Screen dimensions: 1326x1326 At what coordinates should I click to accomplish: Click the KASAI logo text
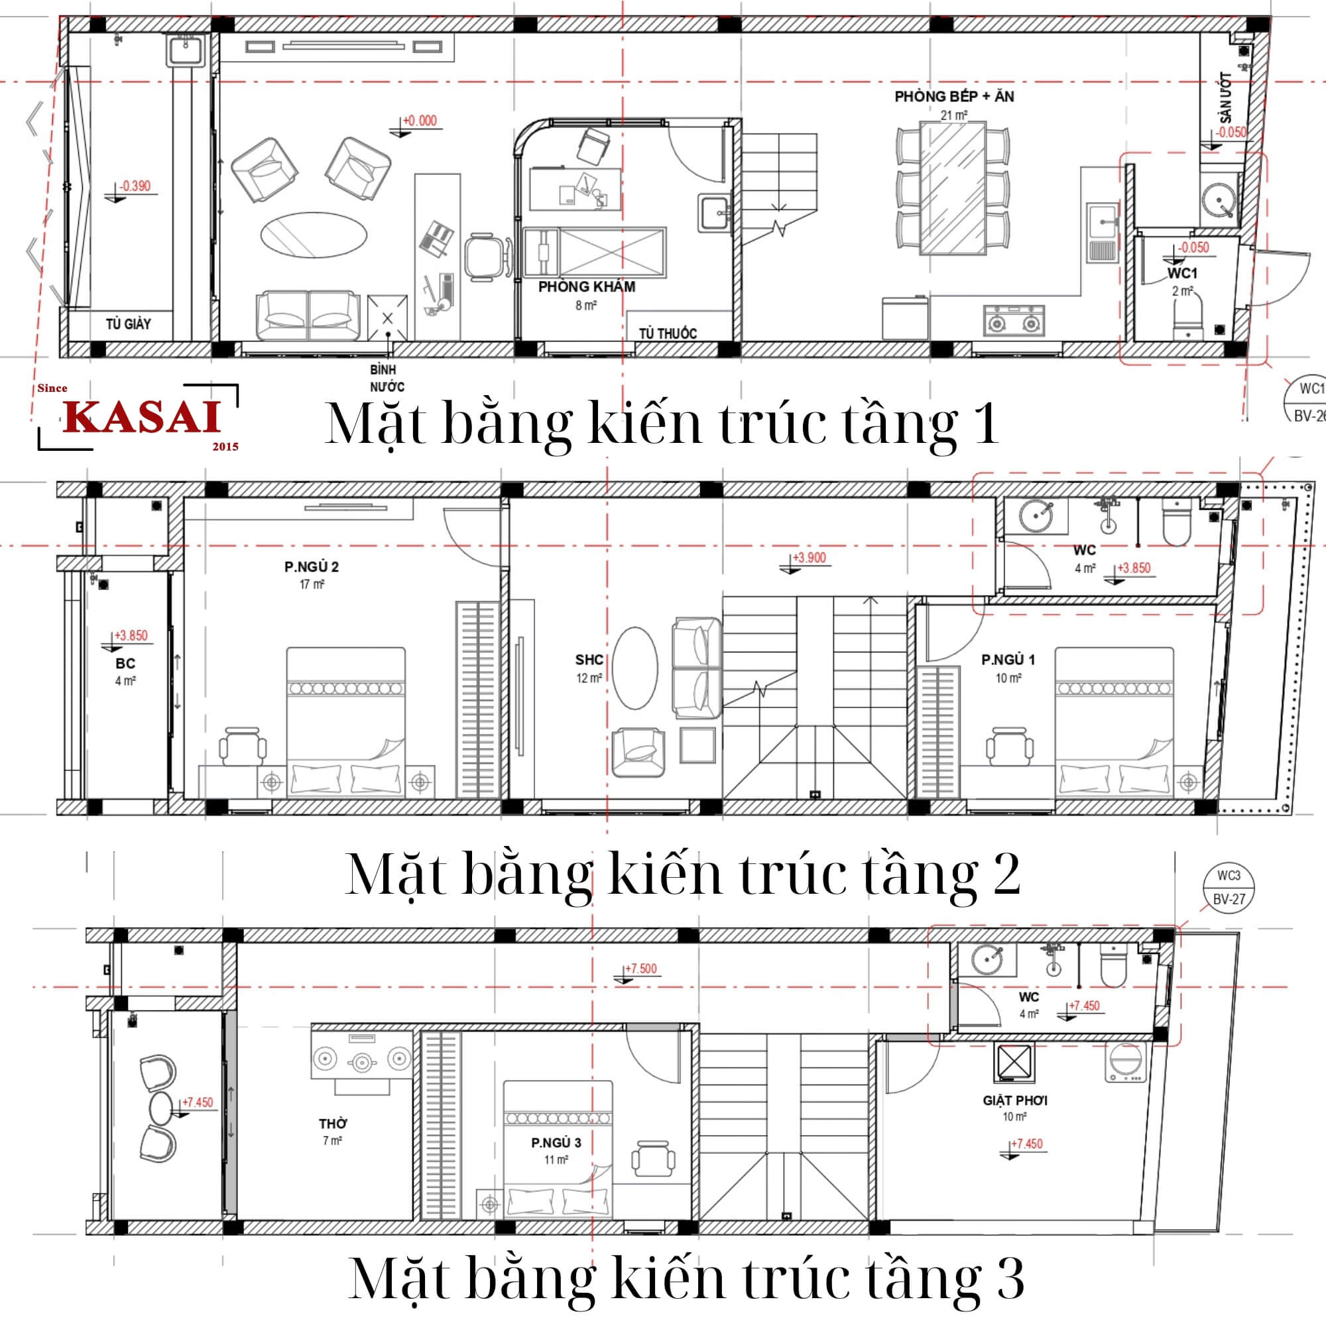click(x=143, y=416)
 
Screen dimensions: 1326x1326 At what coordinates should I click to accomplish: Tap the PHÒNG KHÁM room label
click(x=587, y=287)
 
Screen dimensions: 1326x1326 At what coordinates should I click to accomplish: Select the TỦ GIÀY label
click(x=129, y=324)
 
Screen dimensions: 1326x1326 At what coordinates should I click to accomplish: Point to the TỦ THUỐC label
click(x=668, y=333)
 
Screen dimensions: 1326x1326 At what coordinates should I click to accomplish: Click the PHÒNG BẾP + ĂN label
click(x=954, y=96)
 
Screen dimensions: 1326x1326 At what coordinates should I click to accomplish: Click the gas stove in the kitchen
click(x=1014, y=320)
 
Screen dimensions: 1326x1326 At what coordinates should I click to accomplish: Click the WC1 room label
click(x=1183, y=273)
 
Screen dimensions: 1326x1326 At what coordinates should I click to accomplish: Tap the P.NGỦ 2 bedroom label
click(x=312, y=567)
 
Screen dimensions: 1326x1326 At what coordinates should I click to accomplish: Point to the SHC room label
click(x=589, y=660)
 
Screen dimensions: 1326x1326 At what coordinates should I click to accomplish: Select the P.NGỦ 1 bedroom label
click(x=1008, y=660)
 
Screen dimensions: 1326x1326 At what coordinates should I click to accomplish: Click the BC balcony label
click(x=125, y=664)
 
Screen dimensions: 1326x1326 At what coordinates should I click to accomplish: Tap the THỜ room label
click(x=333, y=1124)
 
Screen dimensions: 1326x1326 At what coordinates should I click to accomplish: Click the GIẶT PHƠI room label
click(x=1015, y=1100)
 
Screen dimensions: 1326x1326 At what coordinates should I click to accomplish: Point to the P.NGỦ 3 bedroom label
click(x=556, y=1143)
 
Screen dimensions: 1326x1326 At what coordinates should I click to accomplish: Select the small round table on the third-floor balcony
click(x=161, y=1108)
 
